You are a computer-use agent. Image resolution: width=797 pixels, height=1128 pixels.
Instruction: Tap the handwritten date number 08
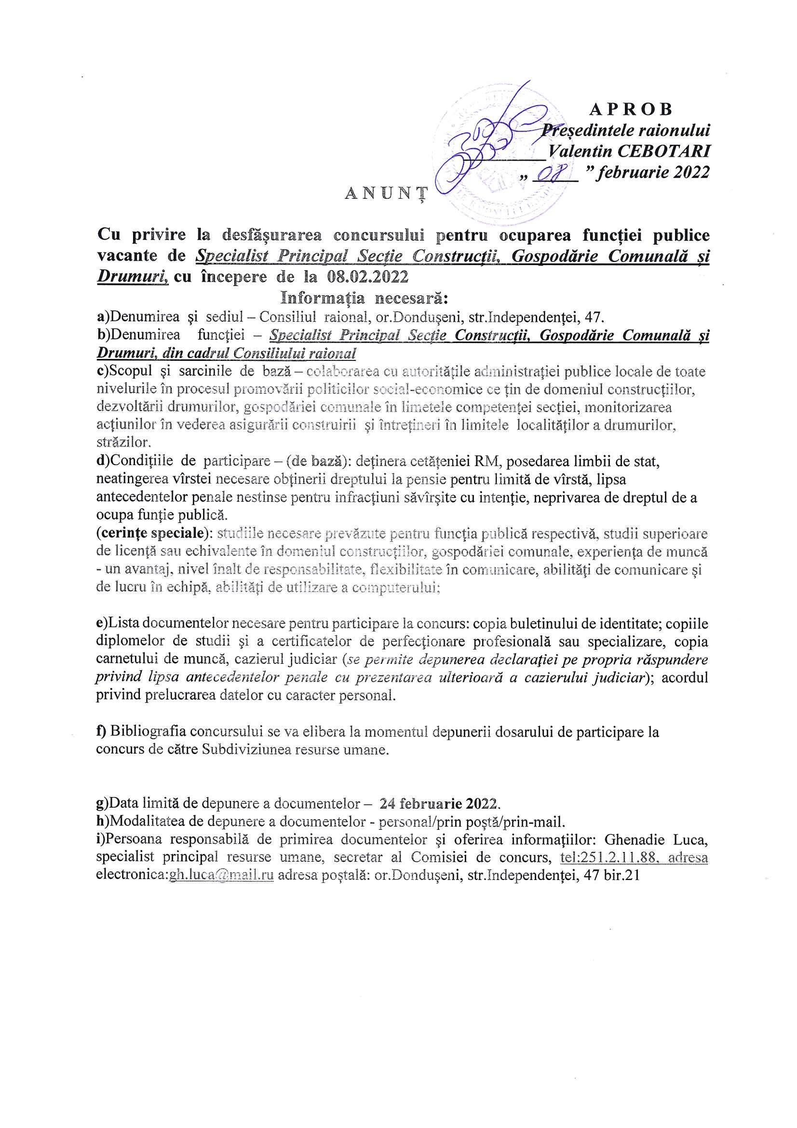[549, 173]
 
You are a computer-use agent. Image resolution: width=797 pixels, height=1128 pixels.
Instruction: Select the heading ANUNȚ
[385, 194]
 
